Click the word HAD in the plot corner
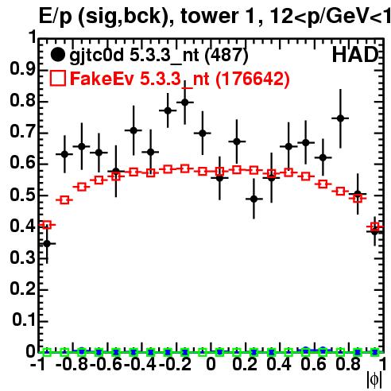pyautogui.click(x=355, y=55)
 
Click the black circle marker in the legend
pyautogui.click(x=57, y=55)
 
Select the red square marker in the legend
pyautogui.click(x=57, y=79)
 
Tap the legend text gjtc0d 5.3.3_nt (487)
pyautogui.click(x=159, y=56)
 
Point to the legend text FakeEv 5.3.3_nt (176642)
pyautogui.click(x=180, y=79)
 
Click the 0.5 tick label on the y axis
pyautogui.click(x=22, y=195)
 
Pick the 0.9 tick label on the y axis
pyautogui.click(x=22, y=70)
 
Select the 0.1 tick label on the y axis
pyautogui.click(x=23, y=319)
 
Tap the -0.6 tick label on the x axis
pyautogui.click(x=106, y=364)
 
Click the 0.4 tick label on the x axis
pyautogui.click(x=279, y=364)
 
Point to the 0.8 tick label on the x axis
pyautogui.click(x=348, y=364)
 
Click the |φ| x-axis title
pyautogui.click(x=374, y=380)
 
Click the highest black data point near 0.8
pyautogui.click(x=185, y=103)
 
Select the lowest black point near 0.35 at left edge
pyautogui.click(x=47, y=243)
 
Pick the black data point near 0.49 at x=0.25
pyautogui.click(x=254, y=199)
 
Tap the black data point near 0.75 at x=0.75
pyautogui.click(x=340, y=118)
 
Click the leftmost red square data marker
pyautogui.click(x=47, y=225)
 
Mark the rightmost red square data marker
pyautogui.click(x=374, y=226)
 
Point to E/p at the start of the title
pyautogui.click(x=55, y=17)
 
